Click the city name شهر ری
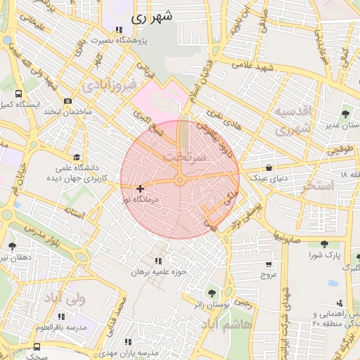[x=151, y=16]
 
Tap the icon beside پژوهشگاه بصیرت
[x=118, y=30]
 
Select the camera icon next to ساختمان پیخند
[x=67, y=101]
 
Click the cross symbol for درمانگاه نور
[x=141, y=188]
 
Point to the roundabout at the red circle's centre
[x=180, y=181]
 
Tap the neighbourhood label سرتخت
[x=185, y=157]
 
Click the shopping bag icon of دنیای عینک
[x=269, y=167]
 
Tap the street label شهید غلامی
[x=255, y=68]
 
